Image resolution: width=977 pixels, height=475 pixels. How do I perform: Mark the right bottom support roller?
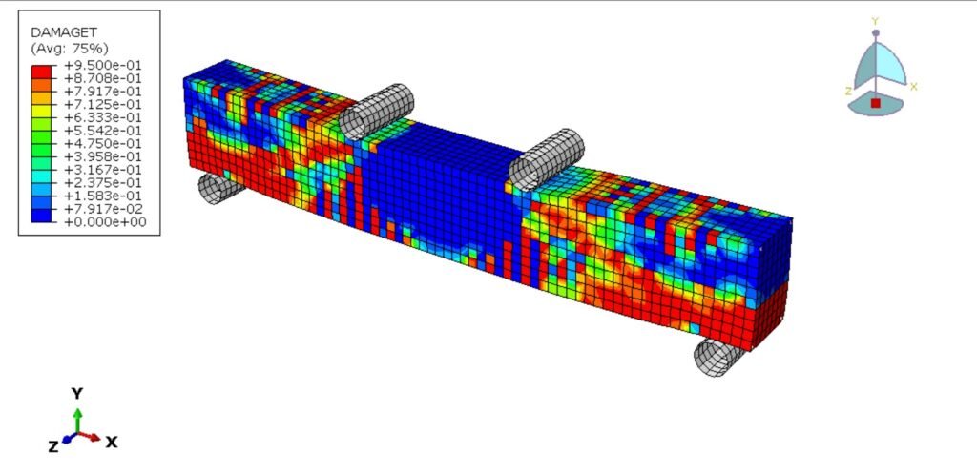(x=718, y=355)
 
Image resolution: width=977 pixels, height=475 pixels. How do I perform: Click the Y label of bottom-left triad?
(x=77, y=393)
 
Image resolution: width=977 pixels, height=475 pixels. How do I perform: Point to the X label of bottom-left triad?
(x=112, y=442)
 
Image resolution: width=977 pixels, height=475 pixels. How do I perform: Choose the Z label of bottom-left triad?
(x=52, y=445)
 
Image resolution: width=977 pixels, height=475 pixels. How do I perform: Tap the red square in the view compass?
(x=875, y=102)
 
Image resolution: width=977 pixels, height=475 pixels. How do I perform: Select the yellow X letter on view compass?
(x=913, y=86)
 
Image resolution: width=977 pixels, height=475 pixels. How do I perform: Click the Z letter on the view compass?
(x=848, y=92)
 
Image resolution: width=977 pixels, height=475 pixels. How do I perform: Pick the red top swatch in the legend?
(x=41, y=71)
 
